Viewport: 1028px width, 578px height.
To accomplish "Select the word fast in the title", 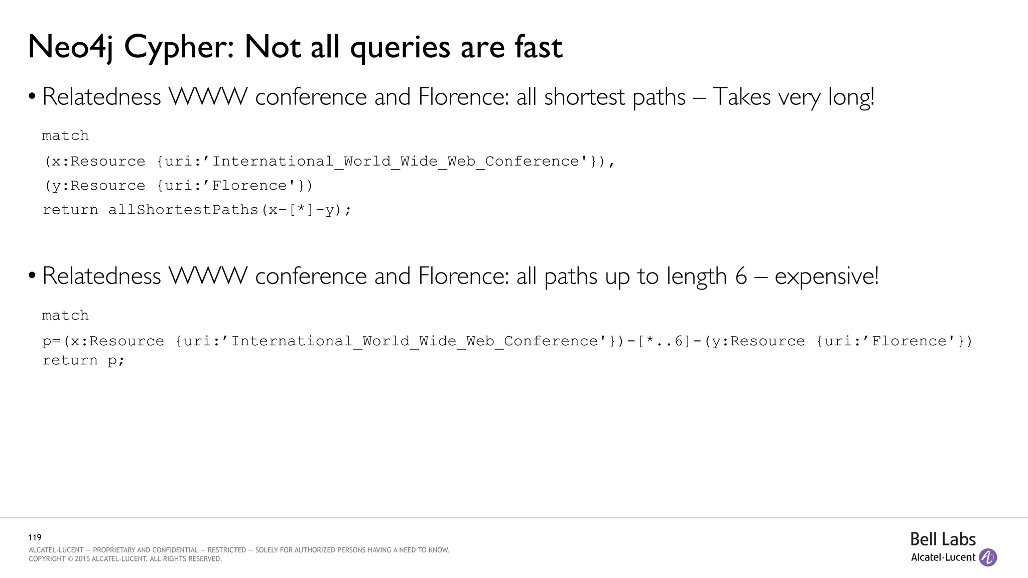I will tap(538, 47).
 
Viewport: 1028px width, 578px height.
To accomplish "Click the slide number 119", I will tap(35, 537).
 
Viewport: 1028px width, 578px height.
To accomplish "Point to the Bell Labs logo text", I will tap(943, 539).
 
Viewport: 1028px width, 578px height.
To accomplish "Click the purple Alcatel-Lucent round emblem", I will tap(988, 557).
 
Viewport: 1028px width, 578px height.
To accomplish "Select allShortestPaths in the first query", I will tap(183, 210).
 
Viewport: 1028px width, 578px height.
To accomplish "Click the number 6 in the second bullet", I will tap(741, 276).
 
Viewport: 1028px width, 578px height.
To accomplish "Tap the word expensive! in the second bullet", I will tap(826, 276).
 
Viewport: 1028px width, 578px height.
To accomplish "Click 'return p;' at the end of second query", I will tap(83, 360).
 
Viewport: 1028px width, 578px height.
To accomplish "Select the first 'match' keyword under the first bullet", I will tap(65, 135).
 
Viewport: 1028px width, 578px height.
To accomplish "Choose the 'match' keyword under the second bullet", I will tap(65, 315).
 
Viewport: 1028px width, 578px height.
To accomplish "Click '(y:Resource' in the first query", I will tap(95, 186).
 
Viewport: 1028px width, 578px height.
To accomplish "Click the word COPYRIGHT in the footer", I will tap(47, 559).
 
